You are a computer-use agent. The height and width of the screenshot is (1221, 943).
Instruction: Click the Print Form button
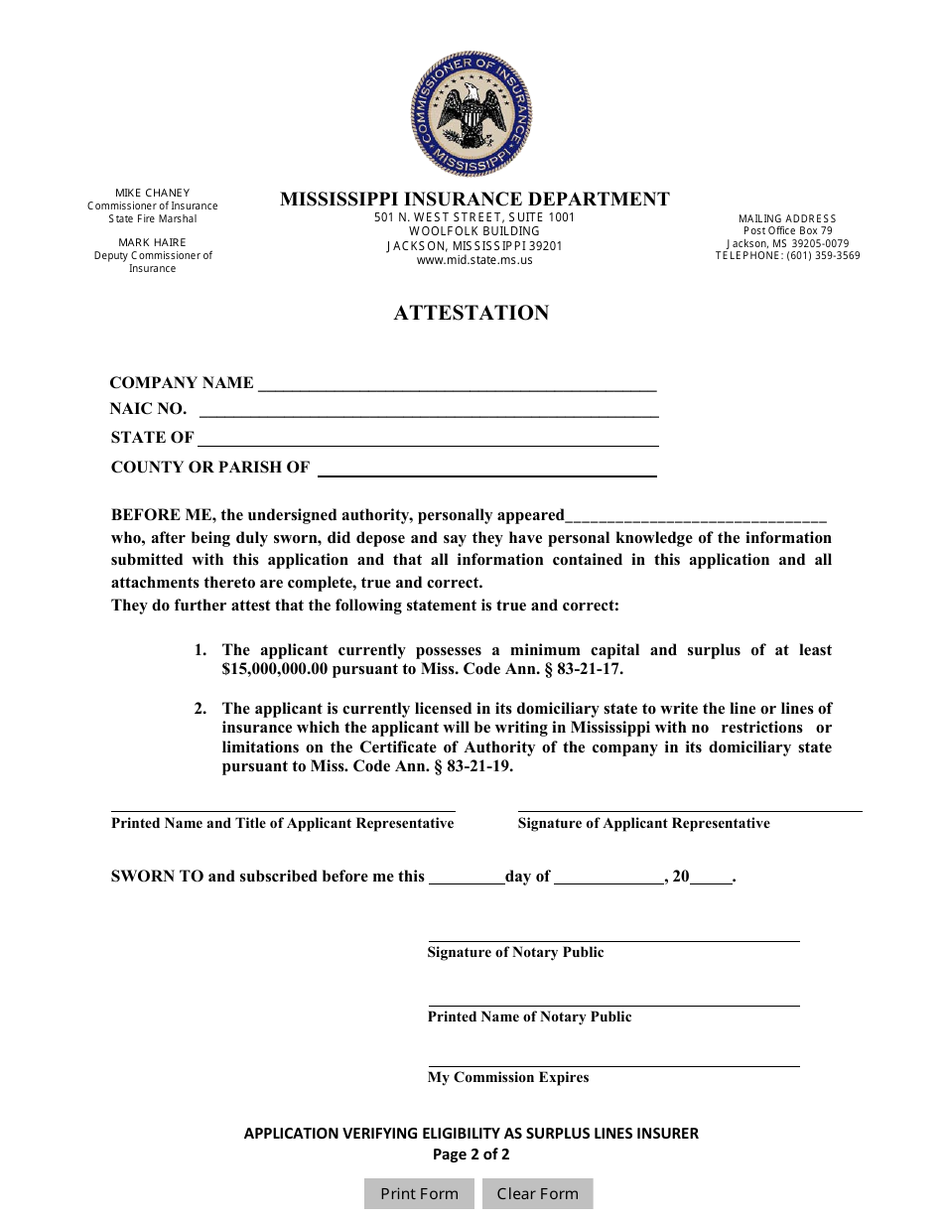(419, 1193)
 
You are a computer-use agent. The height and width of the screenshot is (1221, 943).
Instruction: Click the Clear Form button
(537, 1193)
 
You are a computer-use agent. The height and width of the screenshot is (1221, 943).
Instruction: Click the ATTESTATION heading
(471, 313)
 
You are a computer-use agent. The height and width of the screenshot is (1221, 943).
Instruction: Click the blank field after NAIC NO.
(429, 410)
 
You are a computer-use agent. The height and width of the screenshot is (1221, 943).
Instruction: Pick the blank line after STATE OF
(429, 439)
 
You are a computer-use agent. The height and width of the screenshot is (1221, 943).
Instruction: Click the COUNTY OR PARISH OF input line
(486, 469)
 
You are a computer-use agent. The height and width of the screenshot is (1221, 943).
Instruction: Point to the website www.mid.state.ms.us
(474, 260)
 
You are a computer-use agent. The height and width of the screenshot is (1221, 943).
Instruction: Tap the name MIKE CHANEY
(152, 193)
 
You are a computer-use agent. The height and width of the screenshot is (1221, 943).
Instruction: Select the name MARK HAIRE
(152, 242)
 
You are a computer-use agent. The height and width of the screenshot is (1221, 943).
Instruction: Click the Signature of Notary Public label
(515, 952)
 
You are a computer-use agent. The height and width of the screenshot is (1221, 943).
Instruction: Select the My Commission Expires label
(508, 1077)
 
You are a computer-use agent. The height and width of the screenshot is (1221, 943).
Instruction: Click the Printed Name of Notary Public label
(529, 1017)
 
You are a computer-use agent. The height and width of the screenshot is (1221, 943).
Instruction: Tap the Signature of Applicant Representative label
(643, 823)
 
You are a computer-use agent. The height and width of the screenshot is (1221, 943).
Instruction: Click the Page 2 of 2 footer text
(471, 1153)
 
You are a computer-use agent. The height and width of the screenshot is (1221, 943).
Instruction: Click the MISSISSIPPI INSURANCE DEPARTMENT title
(474, 199)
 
